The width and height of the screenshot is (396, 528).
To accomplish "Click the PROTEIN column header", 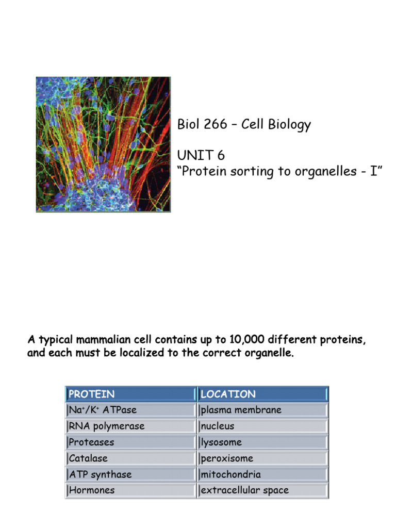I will pos(130,394).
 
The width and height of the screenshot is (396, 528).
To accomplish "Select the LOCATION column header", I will pos(262,394).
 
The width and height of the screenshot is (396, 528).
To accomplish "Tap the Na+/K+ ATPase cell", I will pos(130,410).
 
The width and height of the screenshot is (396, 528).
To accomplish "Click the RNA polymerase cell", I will pos(130,426).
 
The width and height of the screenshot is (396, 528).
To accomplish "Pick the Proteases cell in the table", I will pos(130,442).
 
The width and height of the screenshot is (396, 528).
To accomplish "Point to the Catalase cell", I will pos(130,458).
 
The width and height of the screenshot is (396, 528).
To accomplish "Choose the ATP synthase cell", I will pos(130,474).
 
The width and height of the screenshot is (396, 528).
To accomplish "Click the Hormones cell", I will pos(130,490).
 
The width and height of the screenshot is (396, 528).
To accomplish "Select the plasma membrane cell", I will pos(262,410).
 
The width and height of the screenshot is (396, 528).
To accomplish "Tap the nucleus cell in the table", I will pos(262,426).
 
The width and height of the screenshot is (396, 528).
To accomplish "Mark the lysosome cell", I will pos(262,442).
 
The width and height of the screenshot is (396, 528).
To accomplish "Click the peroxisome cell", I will pos(262,458).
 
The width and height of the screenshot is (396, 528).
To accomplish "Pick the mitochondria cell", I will pos(262,474).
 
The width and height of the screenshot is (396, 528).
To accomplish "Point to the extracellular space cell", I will pos(262,490).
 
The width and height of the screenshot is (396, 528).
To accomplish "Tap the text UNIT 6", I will pos(201,155).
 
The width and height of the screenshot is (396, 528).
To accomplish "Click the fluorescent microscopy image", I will pos(103,144).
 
